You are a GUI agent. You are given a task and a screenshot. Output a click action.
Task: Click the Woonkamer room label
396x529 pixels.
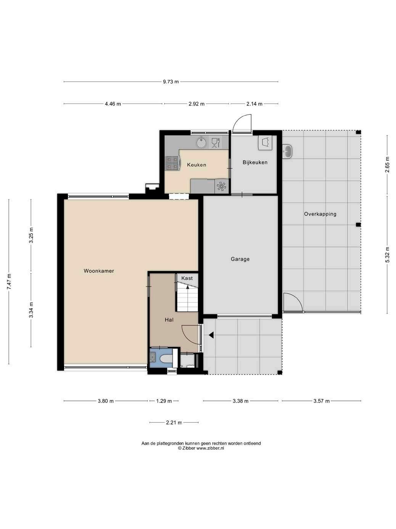(99, 271)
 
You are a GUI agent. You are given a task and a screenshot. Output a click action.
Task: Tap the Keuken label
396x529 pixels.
(197, 165)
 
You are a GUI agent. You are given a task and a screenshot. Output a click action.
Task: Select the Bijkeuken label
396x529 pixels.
(255, 162)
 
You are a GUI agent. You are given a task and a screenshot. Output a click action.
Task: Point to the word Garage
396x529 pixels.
(240, 259)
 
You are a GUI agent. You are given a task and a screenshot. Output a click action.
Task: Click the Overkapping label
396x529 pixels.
(320, 214)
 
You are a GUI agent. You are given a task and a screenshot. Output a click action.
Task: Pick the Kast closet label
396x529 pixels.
(187, 278)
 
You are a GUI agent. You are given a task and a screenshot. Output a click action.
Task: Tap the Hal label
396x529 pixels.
(169, 320)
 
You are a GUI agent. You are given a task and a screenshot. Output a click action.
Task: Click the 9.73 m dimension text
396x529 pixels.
(171, 82)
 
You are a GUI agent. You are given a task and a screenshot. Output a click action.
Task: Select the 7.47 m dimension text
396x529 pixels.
(9, 281)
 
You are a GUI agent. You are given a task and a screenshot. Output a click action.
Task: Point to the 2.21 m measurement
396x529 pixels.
(174, 422)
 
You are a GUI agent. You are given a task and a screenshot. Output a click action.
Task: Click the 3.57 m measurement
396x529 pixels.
(322, 401)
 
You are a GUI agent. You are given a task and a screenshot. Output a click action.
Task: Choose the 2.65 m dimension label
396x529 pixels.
(387, 165)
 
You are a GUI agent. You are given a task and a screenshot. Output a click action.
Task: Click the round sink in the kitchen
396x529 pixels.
(201, 143)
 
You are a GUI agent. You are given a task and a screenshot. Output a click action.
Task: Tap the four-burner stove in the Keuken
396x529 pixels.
(173, 163)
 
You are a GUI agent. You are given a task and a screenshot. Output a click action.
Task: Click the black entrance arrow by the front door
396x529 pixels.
(211, 335)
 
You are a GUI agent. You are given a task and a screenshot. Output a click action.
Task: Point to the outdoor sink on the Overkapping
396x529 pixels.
(287, 152)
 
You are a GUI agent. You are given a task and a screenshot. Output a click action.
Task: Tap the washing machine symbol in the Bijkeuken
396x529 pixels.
(265, 143)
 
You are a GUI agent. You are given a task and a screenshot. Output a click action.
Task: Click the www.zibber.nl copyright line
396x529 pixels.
(201, 448)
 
